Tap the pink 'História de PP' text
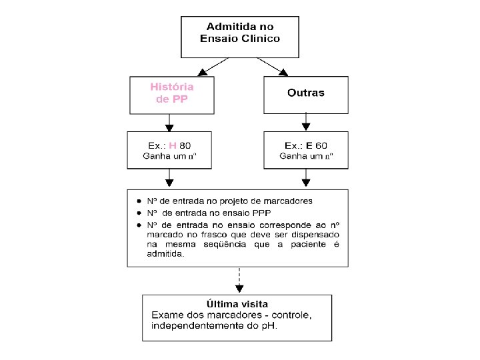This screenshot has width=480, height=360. pos(172,93)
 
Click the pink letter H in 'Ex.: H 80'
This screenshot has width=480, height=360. pos(173,145)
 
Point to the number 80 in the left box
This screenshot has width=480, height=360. pos(185,145)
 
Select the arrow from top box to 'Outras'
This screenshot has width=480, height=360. pos(274,65)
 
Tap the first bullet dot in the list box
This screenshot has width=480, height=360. pos(139,201)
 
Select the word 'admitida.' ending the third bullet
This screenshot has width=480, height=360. pos(166,254)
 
